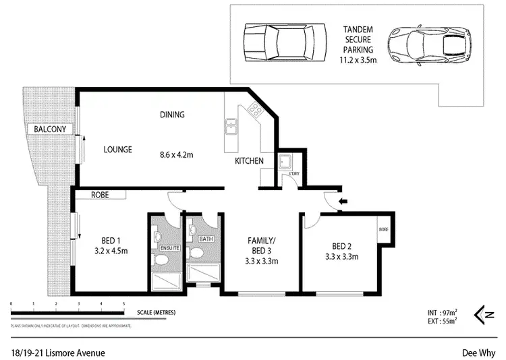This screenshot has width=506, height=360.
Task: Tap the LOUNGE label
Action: click(117, 150)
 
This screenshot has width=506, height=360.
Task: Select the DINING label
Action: click(172, 115)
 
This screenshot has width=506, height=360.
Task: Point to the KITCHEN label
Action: click(249, 161)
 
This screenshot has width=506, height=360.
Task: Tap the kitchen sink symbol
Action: click(232, 127)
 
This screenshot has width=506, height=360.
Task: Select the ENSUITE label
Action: click(169, 248)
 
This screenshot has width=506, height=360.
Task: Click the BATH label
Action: click(206, 239)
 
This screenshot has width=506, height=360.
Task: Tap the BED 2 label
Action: click(341, 246)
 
